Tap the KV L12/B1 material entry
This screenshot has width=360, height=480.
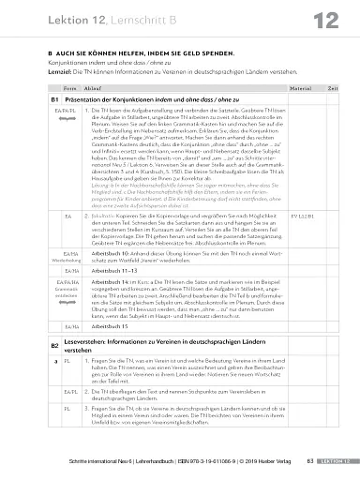pos(301,242)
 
